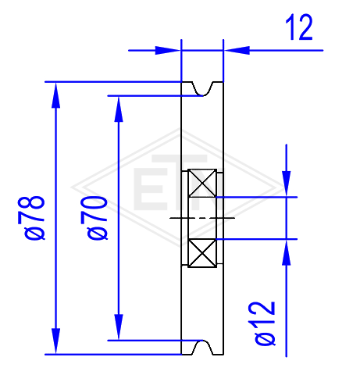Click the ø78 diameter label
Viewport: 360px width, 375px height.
tap(31, 218)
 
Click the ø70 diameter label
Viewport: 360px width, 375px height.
tap(94, 218)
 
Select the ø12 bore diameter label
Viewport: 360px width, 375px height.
tap(265, 323)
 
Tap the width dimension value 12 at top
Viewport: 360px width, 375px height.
tap(299, 27)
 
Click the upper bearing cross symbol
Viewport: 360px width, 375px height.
tap(202, 183)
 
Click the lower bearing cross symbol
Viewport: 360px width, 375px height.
tap(202, 253)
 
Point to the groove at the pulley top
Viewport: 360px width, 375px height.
tap(203, 89)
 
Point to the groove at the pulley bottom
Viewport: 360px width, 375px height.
tap(203, 347)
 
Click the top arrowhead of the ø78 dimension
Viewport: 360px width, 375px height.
tap(55, 95)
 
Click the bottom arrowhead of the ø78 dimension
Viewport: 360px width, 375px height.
tap(55, 341)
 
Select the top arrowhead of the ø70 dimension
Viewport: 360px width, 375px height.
tap(119, 109)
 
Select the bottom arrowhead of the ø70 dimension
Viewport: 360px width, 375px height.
tap(119, 327)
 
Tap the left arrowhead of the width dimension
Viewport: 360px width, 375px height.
tap(168, 50)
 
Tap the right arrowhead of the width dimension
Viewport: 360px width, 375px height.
tap(237, 50)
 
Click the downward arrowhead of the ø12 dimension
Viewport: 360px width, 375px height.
tap(287, 184)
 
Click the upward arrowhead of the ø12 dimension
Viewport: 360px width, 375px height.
tap(287, 252)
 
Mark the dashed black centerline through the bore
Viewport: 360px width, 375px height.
tap(202, 218)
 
